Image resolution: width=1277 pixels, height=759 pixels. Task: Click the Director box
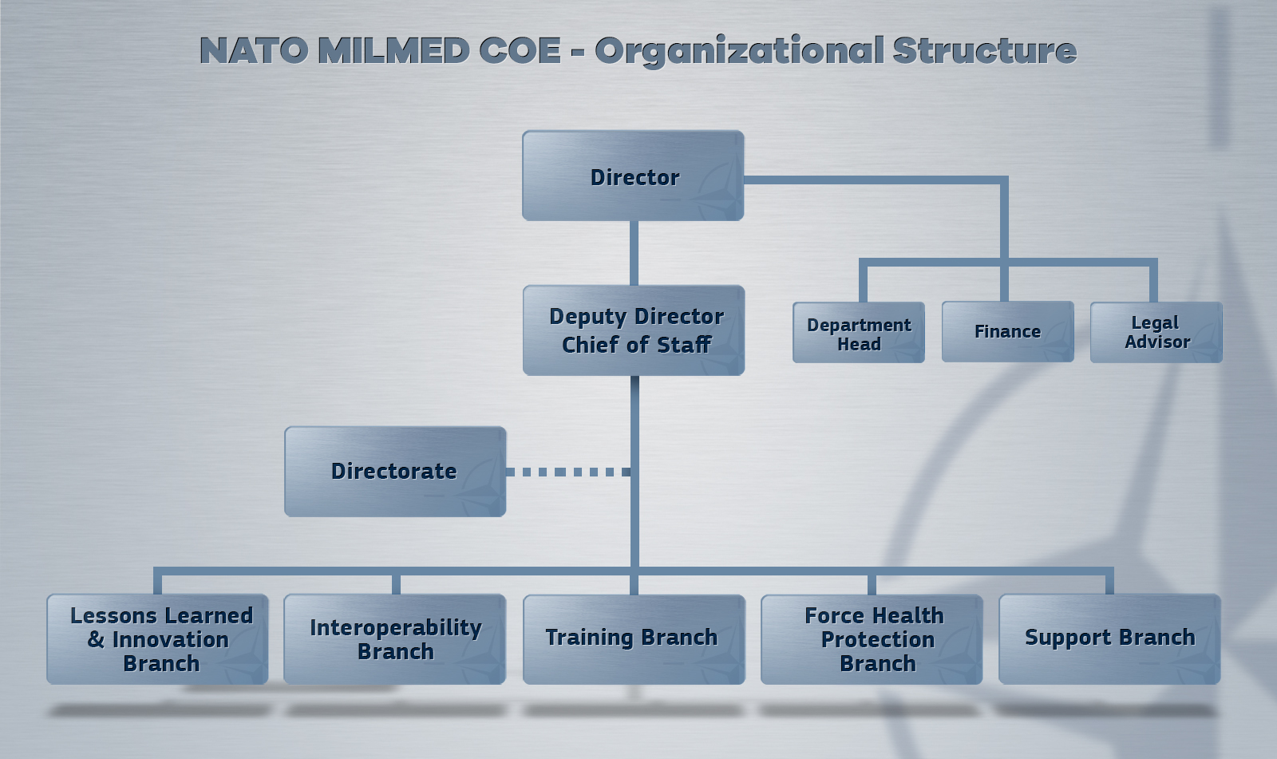[633, 176]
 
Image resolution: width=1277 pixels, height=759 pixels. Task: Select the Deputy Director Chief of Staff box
[634, 330]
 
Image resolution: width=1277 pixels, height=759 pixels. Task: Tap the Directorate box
[395, 472]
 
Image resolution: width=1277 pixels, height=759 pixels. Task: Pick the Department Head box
[859, 333]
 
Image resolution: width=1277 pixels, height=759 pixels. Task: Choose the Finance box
[1008, 332]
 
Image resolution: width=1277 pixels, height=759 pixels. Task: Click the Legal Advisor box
[1156, 333]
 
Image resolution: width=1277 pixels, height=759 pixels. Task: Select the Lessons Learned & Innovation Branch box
[157, 639]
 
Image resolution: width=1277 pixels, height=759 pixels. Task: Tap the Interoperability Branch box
[394, 639]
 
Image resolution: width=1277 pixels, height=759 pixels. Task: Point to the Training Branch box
[634, 639]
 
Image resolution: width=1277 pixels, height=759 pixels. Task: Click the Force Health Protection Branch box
[872, 639]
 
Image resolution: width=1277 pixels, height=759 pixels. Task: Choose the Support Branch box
[1109, 639]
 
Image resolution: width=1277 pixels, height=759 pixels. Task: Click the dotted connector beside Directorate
[568, 472]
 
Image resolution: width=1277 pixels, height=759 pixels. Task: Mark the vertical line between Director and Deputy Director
[634, 253]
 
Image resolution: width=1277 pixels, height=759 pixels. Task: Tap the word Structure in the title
[985, 50]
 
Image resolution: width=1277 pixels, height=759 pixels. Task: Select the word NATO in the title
[254, 50]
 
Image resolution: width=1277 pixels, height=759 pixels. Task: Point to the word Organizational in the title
[739, 51]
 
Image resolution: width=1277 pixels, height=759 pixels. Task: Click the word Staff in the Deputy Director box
[684, 345]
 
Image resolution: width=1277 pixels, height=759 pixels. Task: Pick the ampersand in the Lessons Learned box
[96, 639]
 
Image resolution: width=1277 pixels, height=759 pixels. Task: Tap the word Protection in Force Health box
[878, 640]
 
